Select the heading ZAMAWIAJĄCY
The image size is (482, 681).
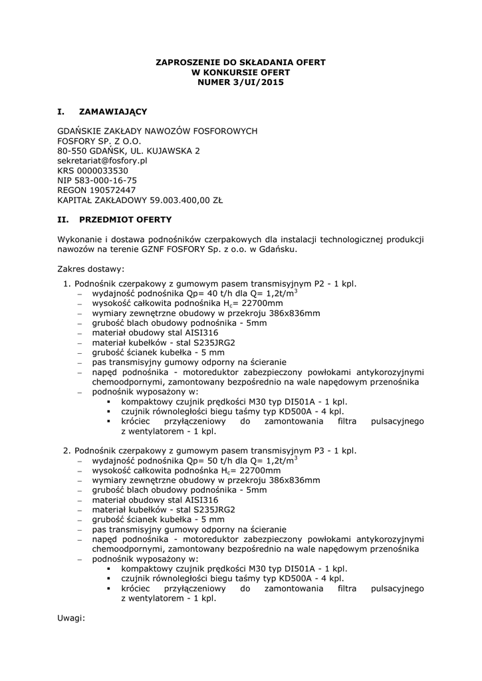click(x=113, y=111)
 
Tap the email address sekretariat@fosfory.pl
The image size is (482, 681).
click(x=102, y=161)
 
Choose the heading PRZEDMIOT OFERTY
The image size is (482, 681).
click(x=126, y=219)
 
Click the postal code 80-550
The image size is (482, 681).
click(x=71, y=151)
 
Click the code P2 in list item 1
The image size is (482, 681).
click(x=320, y=284)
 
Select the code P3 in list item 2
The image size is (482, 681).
click(x=320, y=450)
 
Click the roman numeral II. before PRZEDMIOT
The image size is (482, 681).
click(x=64, y=219)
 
